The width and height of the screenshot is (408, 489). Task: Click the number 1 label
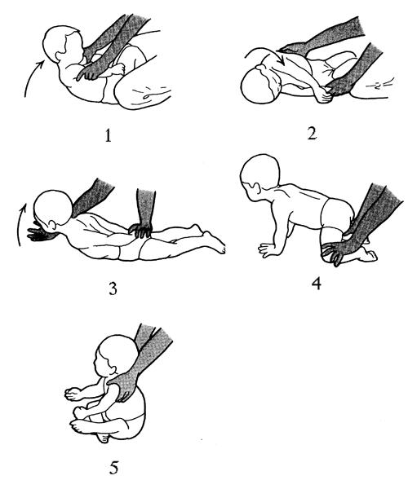point(108,135)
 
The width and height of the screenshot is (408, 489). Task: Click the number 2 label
point(313,133)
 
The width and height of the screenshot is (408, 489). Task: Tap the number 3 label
point(113,289)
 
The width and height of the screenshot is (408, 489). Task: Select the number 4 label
point(317,283)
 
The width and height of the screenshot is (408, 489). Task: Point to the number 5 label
point(113,468)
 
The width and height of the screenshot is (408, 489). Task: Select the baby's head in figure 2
point(259,86)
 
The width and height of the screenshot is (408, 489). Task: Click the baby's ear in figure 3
point(51,225)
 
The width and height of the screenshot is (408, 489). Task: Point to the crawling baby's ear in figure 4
point(255,188)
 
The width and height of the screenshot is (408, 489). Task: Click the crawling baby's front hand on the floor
point(267,249)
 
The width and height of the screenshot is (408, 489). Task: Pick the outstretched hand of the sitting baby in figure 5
point(73,394)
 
